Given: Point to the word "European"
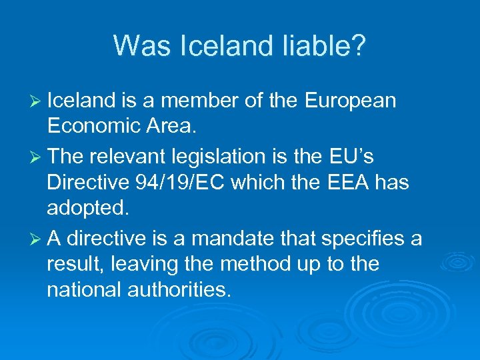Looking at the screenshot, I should [350, 101].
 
